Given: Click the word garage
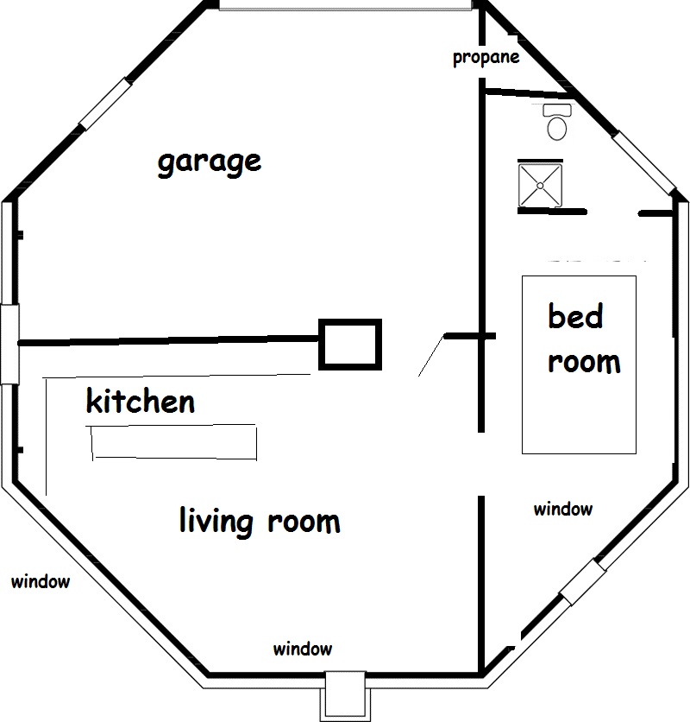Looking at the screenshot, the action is click(210, 162).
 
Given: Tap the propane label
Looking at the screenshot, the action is click(486, 58).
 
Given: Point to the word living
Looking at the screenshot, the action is click(216, 522).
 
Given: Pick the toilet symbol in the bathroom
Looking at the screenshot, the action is click(557, 122).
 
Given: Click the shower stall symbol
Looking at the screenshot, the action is click(540, 186).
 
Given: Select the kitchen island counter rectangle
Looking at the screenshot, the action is click(174, 442).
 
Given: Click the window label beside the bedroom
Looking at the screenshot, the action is click(563, 510).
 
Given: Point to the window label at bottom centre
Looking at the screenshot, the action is click(303, 649).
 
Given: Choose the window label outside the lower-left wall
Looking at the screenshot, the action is click(41, 581).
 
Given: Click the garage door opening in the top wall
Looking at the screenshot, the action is click(345, 5).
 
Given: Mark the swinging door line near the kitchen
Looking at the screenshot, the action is click(431, 356).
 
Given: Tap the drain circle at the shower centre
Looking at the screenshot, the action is click(540, 186).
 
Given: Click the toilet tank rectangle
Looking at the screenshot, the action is click(557, 110).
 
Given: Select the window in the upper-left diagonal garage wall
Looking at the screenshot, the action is click(105, 104).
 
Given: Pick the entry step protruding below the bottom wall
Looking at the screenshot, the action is click(345, 695).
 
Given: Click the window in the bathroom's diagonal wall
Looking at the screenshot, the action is click(644, 162).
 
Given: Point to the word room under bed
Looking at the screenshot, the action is click(584, 363).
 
